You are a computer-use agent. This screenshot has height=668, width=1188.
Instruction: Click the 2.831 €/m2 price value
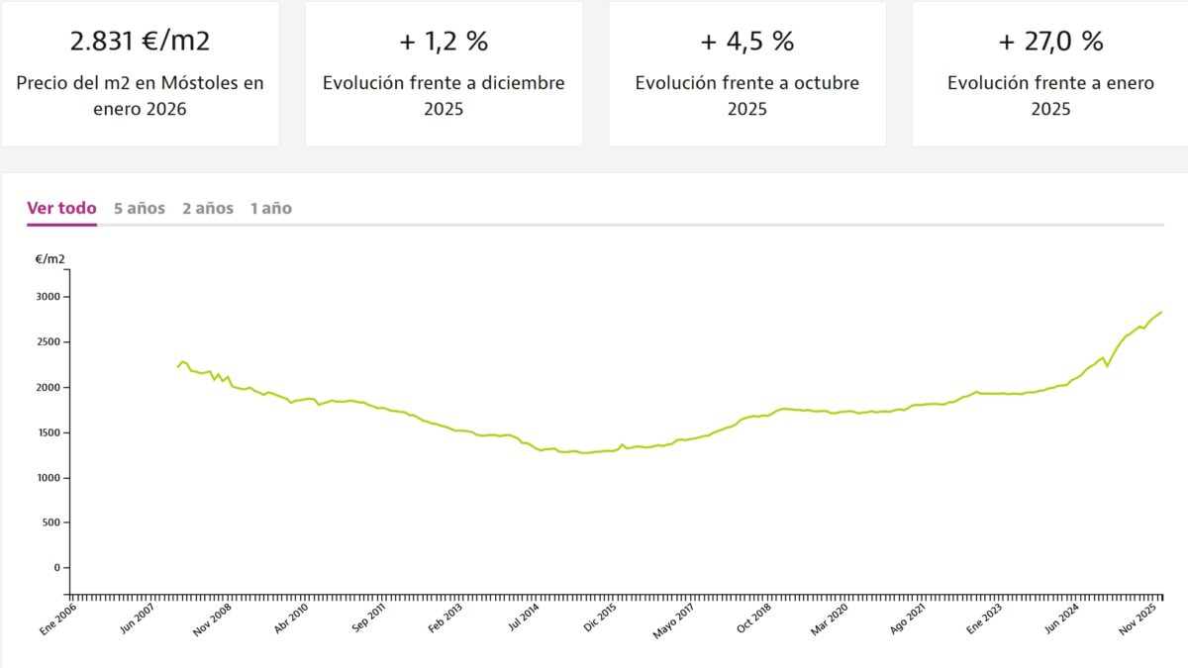tap(140, 42)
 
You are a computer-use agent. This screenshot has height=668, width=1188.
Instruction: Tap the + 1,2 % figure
tap(443, 42)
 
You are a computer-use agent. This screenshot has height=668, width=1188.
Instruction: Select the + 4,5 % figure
tap(746, 42)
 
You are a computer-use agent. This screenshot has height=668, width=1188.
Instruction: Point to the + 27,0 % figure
tap(1050, 42)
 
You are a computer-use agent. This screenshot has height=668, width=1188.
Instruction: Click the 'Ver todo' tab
tap(61, 208)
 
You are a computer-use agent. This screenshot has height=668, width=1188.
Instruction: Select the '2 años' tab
tap(207, 208)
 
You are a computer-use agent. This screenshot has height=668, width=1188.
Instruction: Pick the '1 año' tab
tap(270, 208)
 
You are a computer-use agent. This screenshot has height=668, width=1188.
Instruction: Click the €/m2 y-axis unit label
tap(50, 259)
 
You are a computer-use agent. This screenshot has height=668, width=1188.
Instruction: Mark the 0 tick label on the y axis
tap(56, 568)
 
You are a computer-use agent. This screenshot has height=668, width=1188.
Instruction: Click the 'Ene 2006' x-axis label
tap(57, 620)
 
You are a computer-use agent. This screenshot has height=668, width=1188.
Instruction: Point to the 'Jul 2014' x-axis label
tap(525, 620)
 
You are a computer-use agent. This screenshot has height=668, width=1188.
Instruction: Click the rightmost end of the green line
tap(1161, 312)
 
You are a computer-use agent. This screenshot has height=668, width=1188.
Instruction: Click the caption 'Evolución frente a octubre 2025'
tap(746, 95)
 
